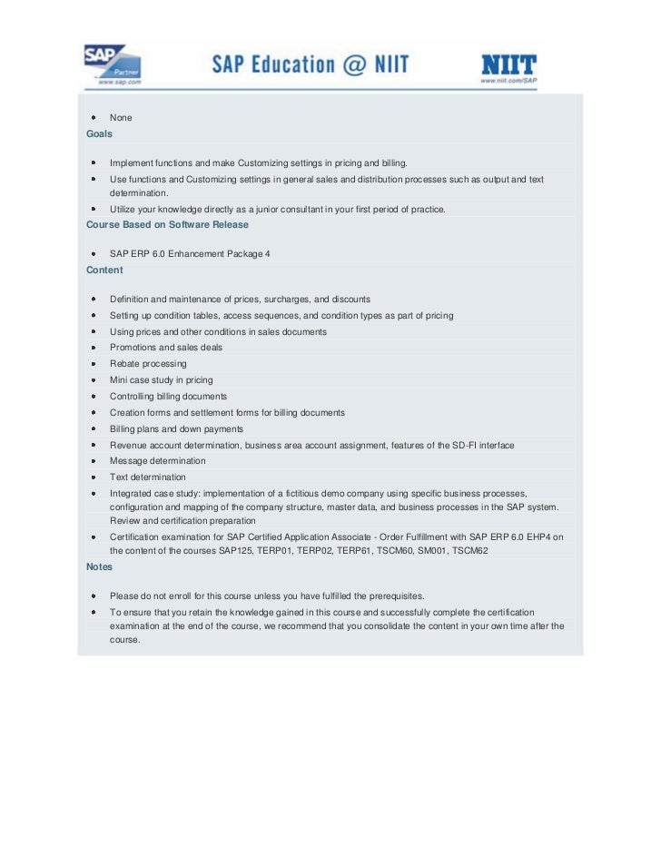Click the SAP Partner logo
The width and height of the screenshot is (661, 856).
click(x=112, y=64)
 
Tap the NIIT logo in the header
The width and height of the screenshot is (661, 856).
click(x=508, y=64)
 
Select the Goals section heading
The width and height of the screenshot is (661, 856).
click(x=99, y=133)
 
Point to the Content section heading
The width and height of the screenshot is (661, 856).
click(x=104, y=270)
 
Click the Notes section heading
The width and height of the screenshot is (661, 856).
click(x=99, y=566)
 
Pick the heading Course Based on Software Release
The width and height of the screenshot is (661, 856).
click(x=167, y=224)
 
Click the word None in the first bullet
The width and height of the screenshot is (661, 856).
click(x=121, y=118)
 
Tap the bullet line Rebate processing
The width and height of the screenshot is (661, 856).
click(x=148, y=364)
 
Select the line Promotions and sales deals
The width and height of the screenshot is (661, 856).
click(x=165, y=348)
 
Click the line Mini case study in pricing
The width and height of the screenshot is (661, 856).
click(x=161, y=380)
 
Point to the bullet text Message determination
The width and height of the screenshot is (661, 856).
click(x=157, y=461)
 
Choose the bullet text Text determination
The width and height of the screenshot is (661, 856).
click(x=147, y=477)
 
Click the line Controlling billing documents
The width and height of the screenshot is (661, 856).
click(x=168, y=397)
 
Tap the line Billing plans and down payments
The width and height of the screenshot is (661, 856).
click(x=176, y=429)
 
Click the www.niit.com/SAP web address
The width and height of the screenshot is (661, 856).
click(x=508, y=80)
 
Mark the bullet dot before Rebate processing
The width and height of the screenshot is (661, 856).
click(x=94, y=364)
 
